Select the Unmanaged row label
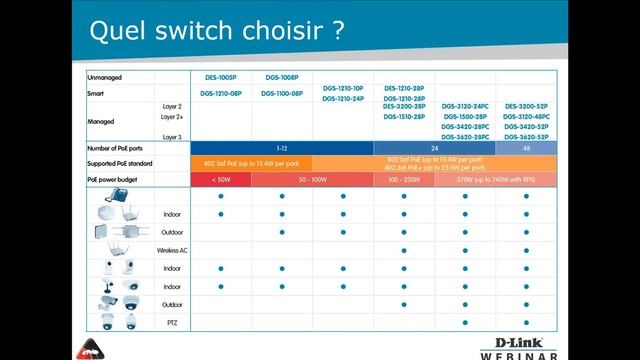coord(107,77)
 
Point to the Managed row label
coord(102,122)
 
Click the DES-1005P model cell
coord(221,77)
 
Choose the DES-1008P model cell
coord(282,77)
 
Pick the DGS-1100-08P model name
coord(282,93)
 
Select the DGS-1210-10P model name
coord(343,88)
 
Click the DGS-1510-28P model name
coord(404,116)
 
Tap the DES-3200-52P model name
coord(526,105)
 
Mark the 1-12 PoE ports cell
coord(282,148)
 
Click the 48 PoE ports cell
coord(526,148)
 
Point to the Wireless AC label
coord(171,250)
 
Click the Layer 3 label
coord(172,136)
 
